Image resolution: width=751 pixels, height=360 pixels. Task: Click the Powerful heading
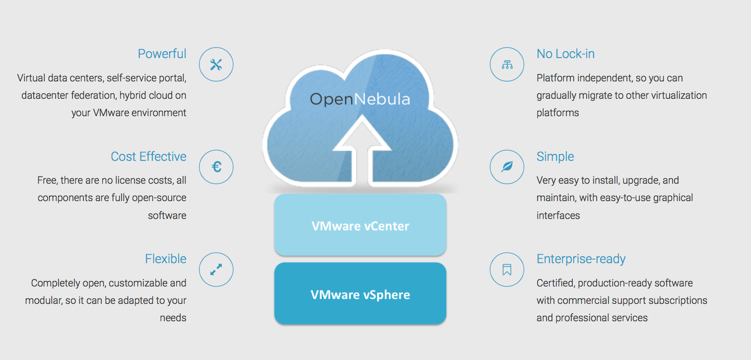(x=162, y=54)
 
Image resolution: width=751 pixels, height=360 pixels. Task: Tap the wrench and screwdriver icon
(x=216, y=65)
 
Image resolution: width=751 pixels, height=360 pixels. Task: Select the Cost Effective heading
(x=148, y=156)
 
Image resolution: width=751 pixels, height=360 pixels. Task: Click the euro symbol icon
(x=216, y=167)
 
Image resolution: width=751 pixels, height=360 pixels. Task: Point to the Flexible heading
(x=166, y=259)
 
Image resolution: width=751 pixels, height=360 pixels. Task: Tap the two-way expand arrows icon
(x=216, y=270)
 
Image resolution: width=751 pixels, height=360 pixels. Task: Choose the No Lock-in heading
(x=565, y=54)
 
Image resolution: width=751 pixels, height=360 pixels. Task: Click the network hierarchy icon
(x=507, y=65)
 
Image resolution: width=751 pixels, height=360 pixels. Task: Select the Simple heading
(x=555, y=156)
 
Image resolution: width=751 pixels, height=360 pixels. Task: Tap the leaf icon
(x=507, y=167)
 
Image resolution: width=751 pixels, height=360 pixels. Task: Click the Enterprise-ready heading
(x=581, y=259)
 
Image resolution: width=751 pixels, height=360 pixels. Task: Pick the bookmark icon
(x=507, y=270)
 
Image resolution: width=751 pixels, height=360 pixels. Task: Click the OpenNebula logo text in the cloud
(x=360, y=99)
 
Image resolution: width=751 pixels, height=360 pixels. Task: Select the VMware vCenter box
(x=360, y=225)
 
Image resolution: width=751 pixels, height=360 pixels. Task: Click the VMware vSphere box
(x=360, y=293)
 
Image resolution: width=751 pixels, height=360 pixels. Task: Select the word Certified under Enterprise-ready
(x=555, y=283)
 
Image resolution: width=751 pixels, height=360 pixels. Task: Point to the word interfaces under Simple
(x=558, y=216)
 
